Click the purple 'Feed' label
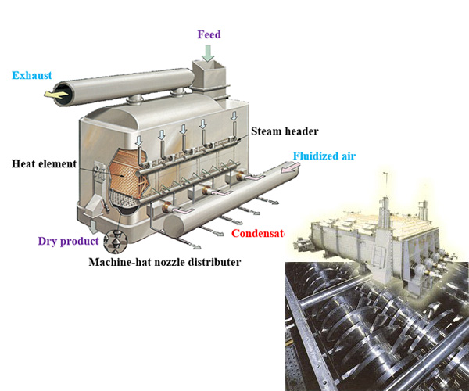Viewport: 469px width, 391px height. (209, 34)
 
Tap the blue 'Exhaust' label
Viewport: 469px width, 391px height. (32, 75)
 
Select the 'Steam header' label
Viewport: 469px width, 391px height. (285, 131)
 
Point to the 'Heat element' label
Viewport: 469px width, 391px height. (44, 164)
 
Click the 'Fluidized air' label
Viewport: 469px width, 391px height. (324, 156)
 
